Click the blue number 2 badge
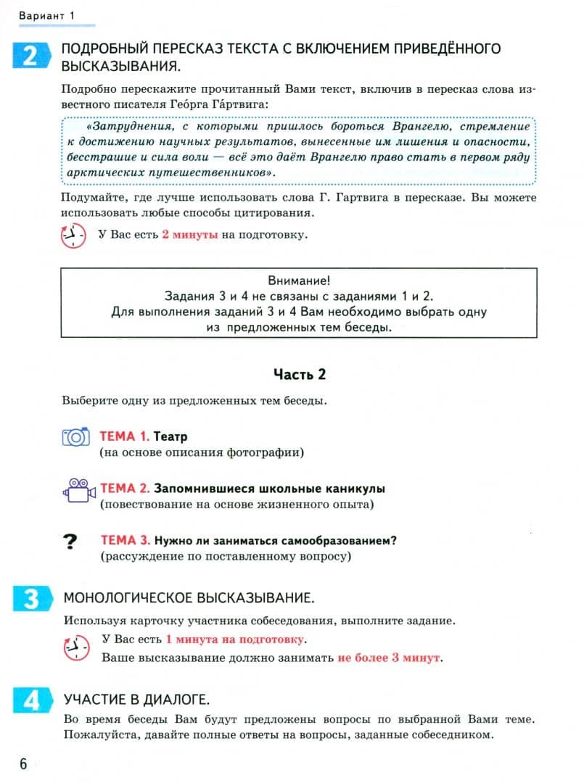[x=30, y=56]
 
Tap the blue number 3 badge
[x=30, y=599]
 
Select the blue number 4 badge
[x=30, y=700]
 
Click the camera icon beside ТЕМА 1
[x=75, y=436]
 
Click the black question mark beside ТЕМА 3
[x=70, y=542]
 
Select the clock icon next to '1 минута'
[x=75, y=647]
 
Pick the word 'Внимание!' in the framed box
[x=299, y=281]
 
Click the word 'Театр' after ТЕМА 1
[x=170, y=436]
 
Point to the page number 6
[x=22, y=763]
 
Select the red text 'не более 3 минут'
[x=389, y=658]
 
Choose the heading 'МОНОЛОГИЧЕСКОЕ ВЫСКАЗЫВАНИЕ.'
[x=189, y=598]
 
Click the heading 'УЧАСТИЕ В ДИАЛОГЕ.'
[x=137, y=700]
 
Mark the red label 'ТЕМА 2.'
[x=125, y=489]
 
